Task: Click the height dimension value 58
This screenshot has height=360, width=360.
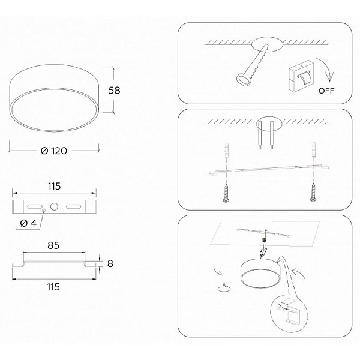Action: pyautogui.click(x=114, y=90)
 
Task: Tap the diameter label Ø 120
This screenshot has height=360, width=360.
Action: pyautogui.click(x=54, y=151)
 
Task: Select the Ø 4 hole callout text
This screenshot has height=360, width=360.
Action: pyautogui.click(x=28, y=223)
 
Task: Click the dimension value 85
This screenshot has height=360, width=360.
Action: pyautogui.click(x=53, y=245)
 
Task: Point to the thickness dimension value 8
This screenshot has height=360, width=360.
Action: pyautogui.click(x=110, y=263)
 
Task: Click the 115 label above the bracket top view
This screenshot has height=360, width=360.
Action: pyautogui.click(x=54, y=186)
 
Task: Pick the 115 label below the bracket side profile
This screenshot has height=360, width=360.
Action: pyautogui.click(x=53, y=287)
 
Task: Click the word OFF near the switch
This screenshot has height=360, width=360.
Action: pyautogui.click(x=326, y=91)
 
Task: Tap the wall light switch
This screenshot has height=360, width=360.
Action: pyautogui.click(x=301, y=76)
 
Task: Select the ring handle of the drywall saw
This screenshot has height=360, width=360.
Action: pyautogui.click(x=244, y=79)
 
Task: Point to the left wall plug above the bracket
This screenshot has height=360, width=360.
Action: pyautogui.click(x=227, y=150)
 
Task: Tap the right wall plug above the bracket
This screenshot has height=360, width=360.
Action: pyautogui.click(x=314, y=150)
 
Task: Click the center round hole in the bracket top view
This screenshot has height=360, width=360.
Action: pyautogui.click(x=54, y=206)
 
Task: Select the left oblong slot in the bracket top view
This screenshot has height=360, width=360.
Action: pyautogui.click(x=34, y=206)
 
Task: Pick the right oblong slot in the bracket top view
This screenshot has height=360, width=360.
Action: pyautogui.click(x=73, y=206)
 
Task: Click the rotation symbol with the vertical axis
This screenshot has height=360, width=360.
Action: pyautogui.click(x=224, y=288)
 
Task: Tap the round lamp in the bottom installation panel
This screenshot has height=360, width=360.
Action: pyautogui.click(x=260, y=273)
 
